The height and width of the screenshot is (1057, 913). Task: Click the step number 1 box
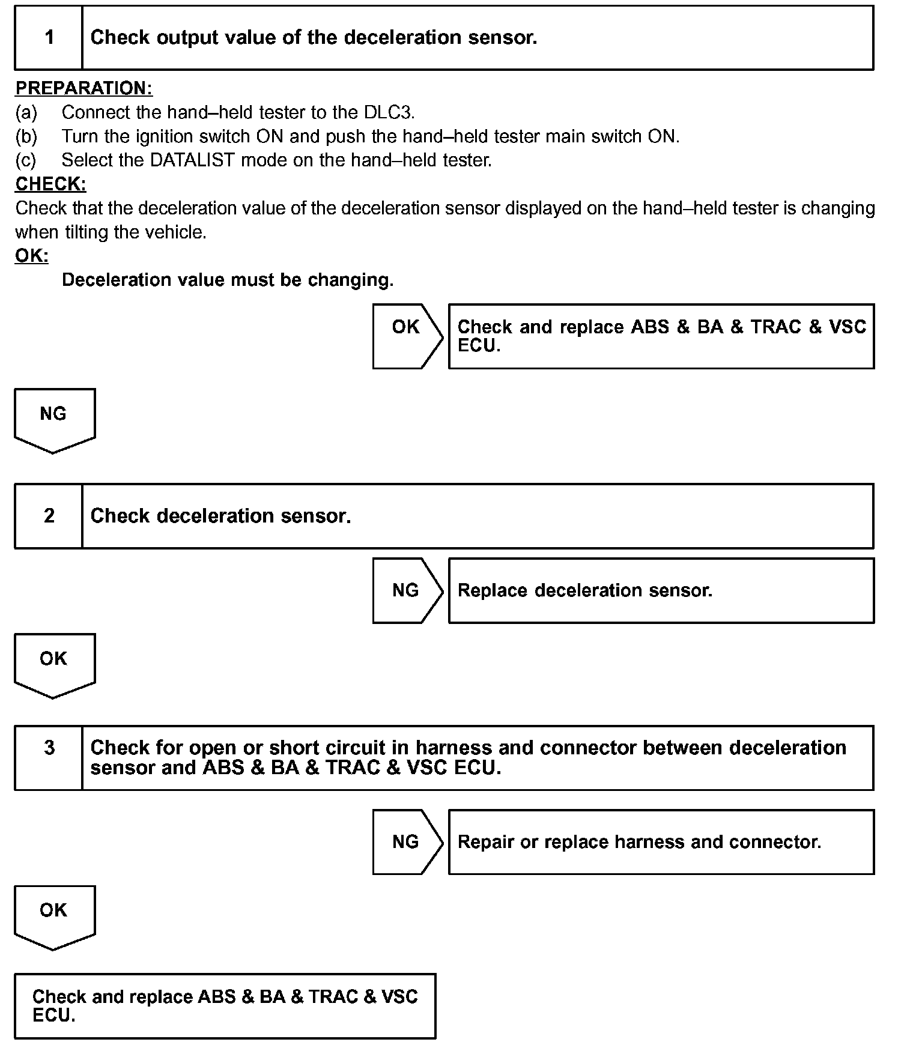[x=49, y=38]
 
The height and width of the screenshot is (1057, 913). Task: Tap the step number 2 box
[x=49, y=516]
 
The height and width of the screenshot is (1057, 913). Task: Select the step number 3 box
[x=49, y=757]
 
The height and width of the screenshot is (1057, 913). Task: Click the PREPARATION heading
[x=83, y=88]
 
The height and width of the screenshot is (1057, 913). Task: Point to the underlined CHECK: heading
[x=50, y=184]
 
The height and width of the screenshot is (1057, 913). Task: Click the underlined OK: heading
[x=31, y=256]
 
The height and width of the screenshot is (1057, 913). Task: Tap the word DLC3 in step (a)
[x=389, y=112]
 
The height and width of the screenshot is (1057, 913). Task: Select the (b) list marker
[x=26, y=136]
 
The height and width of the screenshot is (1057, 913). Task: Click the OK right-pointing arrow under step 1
[x=407, y=336]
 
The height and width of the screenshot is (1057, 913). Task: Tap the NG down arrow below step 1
[x=54, y=419]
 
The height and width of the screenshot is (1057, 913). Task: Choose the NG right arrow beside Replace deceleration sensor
[x=407, y=590]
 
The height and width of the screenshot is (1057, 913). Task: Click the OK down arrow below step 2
[x=54, y=664]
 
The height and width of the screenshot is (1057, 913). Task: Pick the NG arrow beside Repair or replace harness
[x=407, y=841]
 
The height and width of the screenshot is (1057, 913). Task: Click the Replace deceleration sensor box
[x=661, y=590]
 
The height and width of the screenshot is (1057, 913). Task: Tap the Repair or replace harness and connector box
[x=661, y=841]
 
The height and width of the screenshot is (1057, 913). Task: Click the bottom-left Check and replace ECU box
[x=225, y=1005]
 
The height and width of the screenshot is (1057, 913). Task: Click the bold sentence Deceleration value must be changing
[x=228, y=280]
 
